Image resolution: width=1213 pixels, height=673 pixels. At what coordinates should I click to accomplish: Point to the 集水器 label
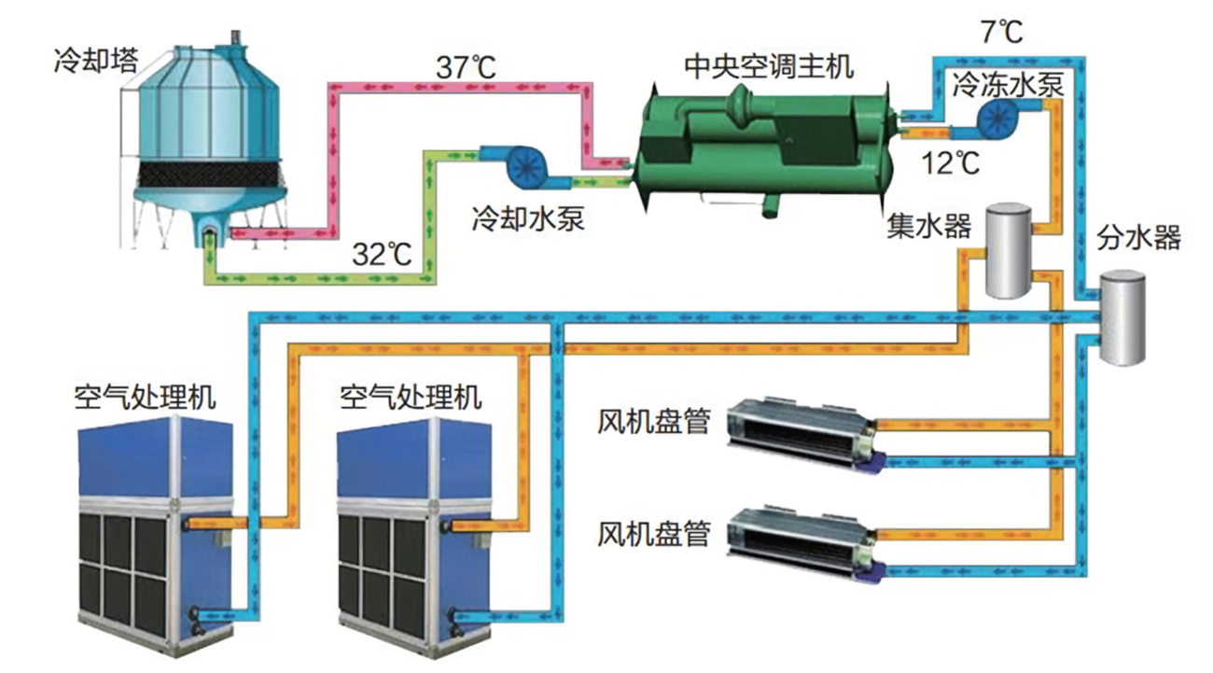(929, 227)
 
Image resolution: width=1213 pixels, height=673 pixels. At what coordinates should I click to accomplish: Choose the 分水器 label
(1138, 237)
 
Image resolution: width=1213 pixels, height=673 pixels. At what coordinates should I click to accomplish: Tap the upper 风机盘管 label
(653, 423)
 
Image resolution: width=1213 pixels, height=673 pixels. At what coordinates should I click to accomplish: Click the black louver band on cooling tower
(210, 173)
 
